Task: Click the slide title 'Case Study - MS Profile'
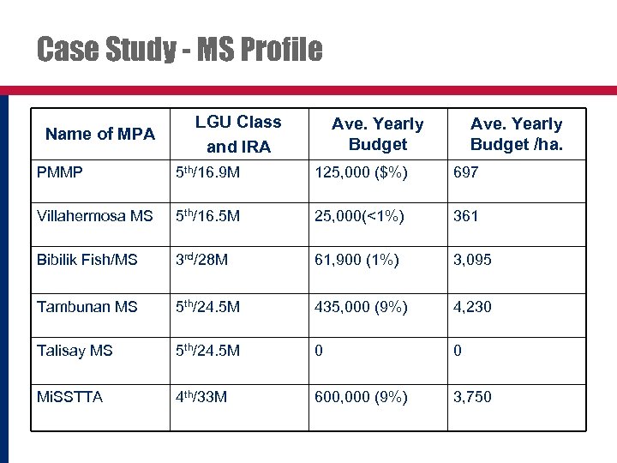click(180, 50)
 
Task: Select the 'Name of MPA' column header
click(100, 134)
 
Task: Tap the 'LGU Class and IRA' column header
click(238, 134)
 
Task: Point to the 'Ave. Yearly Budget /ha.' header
click(516, 134)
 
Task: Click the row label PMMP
click(60, 172)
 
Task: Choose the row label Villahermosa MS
click(94, 216)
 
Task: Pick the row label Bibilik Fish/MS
click(87, 260)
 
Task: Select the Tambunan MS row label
click(87, 306)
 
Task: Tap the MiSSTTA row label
click(69, 397)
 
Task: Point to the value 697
click(466, 172)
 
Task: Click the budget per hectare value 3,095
click(473, 260)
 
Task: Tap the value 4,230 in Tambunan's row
click(473, 306)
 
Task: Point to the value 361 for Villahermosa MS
click(466, 216)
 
